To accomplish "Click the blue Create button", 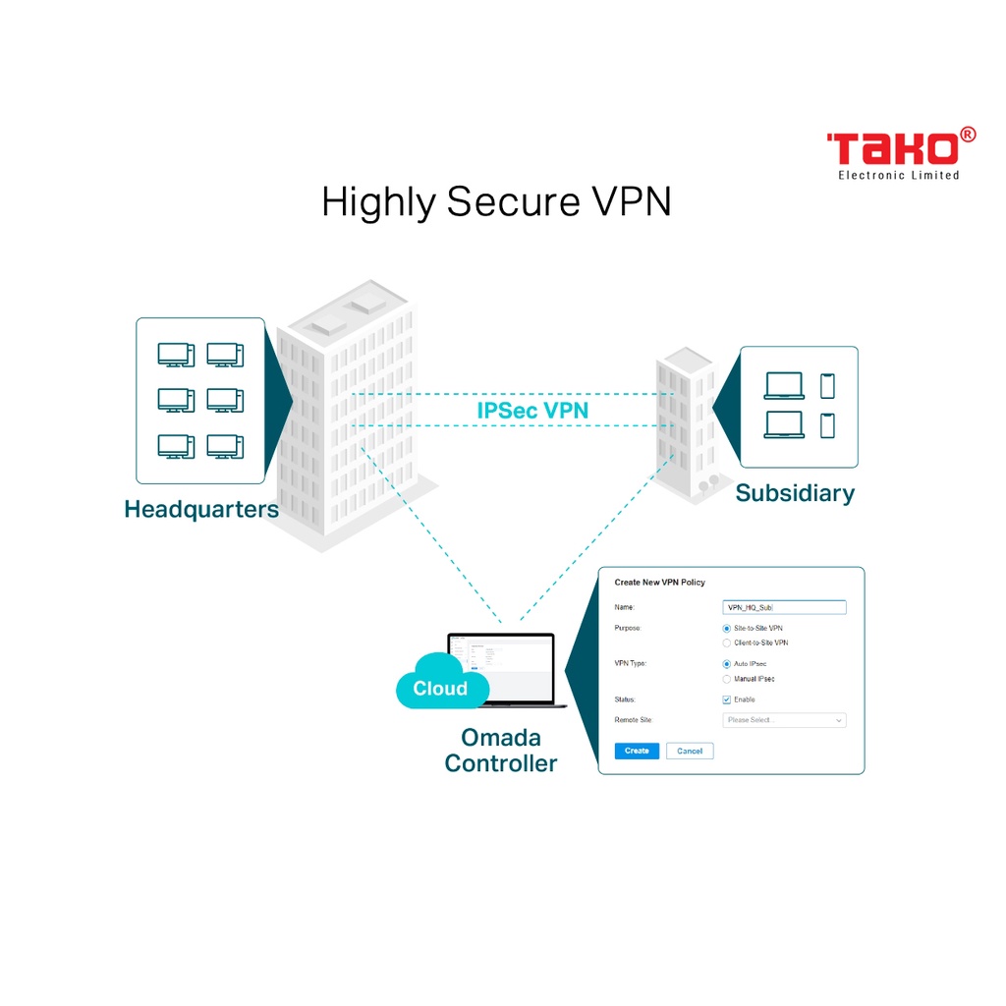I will coord(637,751).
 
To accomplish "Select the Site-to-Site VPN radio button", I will coord(727,628).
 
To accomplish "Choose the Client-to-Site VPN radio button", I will coord(727,643).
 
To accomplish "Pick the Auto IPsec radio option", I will coord(727,664).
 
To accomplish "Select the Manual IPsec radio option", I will coord(727,679).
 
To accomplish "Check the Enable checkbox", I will coord(727,699).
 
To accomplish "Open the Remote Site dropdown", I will coord(784,720).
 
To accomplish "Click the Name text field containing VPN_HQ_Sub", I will coord(784,607).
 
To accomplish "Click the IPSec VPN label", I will coord(532,411).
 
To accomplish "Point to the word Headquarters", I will coord(201,510).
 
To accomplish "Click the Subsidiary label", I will coord(795,493).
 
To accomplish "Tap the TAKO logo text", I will coord(892,149).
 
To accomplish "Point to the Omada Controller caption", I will coord(501,750).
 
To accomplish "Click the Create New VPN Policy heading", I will coord(660,583).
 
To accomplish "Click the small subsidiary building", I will coord(687,422).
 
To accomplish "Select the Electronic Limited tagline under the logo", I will coord(898,176).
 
